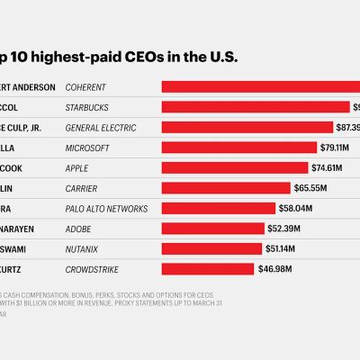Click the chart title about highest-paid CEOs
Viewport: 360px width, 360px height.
[x=121, y=57]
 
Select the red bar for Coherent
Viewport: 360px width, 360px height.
[x=261, y=86]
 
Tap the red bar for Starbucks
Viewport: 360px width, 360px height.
[x=255, y=107]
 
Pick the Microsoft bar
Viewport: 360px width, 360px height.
[x=238, y=148]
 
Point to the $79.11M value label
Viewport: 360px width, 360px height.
[x=337, y=148]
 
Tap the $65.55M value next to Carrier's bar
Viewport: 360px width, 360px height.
[x=310, y=188]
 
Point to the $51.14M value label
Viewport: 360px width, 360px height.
[x=283, y=248]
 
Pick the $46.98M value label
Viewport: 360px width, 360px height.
[x=274, y=269]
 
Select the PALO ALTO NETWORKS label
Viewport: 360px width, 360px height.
[x=107, y=209]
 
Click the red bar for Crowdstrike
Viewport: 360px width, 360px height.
[x=207, y=269]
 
